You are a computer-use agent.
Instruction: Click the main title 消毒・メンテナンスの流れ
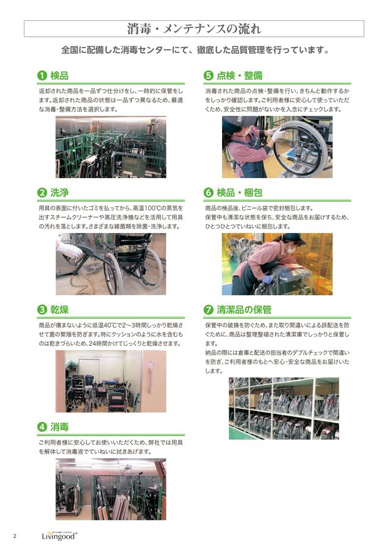(194, 28)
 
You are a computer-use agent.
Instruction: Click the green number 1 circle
(42, 76)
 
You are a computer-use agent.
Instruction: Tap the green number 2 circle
(42, 193)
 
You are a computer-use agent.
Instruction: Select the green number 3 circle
(42, 309)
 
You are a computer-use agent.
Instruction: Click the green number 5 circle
(209, 76)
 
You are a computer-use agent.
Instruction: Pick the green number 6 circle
(209, 193)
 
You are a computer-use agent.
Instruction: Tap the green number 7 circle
(209, 309)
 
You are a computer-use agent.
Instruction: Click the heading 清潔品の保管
(244, 309)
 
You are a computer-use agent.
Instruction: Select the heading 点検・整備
(239, 76)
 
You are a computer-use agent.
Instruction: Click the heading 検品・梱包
(239, 193)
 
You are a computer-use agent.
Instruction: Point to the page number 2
(15, 536)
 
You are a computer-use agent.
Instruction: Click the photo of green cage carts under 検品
(110, 147)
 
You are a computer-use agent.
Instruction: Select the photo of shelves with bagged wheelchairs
(283, 408)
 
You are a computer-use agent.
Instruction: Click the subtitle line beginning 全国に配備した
(194, 51)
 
